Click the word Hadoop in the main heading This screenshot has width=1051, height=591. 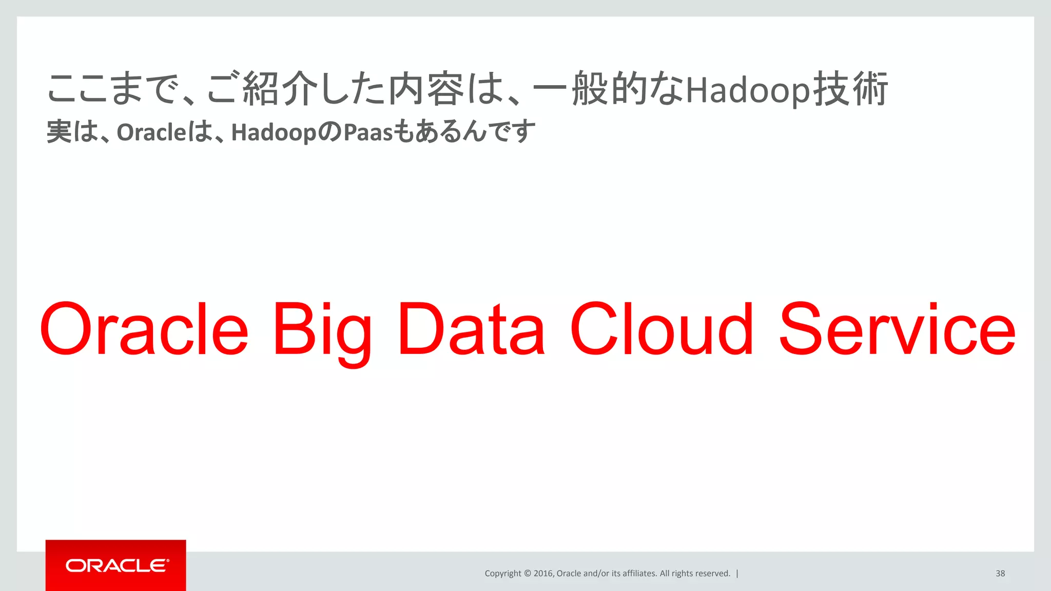[748, 91]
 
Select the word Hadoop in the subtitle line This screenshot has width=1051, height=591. [274, 132]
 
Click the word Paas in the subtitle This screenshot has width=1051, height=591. [367, 132]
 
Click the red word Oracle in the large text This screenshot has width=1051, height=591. [144, 329]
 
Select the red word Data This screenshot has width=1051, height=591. [471, 329]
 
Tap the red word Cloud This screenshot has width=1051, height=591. [661, 329]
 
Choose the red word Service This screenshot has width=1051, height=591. [897, 329]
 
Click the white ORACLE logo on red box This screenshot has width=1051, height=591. [116, 565]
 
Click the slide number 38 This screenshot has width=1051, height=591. [1000, 574]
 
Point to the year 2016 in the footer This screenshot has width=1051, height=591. [542, 574]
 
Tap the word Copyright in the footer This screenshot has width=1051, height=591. [502, 574]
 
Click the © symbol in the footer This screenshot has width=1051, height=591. [527, 574]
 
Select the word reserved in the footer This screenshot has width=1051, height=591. [712, 574]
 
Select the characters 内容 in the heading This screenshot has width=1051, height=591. [426, 90]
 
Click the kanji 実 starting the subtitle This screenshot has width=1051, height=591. [59, 132]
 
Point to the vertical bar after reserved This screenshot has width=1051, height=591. [737, 574]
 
